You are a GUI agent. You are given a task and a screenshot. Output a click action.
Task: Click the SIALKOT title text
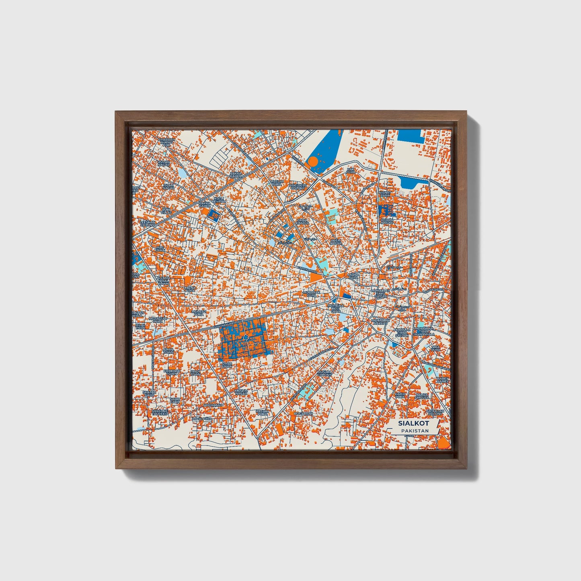coord(413,423)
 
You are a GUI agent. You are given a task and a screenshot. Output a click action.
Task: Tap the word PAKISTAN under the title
coord(414,431)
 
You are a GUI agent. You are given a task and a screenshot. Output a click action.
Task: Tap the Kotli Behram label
coord(218,199)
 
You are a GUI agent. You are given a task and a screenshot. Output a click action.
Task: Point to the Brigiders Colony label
coord(298,187)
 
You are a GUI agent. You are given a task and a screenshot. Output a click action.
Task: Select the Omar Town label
coord(226,365)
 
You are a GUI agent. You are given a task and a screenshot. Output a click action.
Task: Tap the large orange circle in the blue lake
coord(312,162)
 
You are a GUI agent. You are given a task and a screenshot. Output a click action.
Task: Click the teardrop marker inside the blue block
coord(245,336)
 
